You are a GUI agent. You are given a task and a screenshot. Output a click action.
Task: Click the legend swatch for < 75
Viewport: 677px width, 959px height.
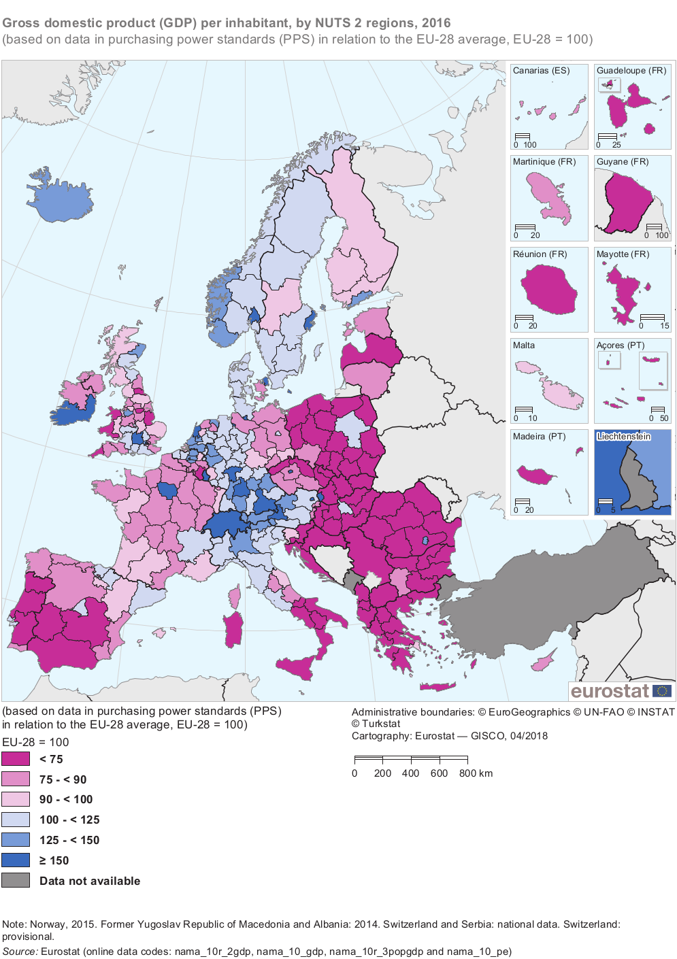(16, 759)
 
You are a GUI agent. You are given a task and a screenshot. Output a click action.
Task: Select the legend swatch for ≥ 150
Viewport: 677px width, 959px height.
(16, 860)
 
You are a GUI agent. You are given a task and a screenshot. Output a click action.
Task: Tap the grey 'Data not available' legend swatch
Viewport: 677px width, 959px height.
(16, 881)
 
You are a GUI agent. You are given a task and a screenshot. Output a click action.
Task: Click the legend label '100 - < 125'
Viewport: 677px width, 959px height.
(69, 820)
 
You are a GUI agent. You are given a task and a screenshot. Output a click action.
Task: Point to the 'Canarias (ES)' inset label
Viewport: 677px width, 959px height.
(541, 71)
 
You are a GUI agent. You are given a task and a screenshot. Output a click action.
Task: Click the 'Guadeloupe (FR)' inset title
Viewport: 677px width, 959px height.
(631, 71)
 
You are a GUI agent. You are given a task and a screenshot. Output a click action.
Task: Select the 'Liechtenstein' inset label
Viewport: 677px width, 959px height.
(623, 437)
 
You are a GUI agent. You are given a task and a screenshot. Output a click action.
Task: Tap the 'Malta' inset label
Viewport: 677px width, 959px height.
(524, 346)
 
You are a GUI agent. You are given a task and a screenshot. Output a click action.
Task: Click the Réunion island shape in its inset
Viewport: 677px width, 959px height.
(548, 288)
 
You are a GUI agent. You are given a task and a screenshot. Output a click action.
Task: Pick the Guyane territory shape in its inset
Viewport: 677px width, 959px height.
(629, 201)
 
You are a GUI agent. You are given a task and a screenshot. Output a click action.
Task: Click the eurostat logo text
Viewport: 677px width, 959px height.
(610, 691)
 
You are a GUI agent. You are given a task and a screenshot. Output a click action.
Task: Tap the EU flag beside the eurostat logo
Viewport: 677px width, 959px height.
(662, 691)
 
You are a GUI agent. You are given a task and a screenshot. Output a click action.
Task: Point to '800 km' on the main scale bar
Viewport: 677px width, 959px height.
(476, 773)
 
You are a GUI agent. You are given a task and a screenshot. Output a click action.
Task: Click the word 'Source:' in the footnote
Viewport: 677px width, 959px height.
(20, 952)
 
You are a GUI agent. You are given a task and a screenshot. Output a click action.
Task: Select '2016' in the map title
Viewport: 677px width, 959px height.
(435, 23)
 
